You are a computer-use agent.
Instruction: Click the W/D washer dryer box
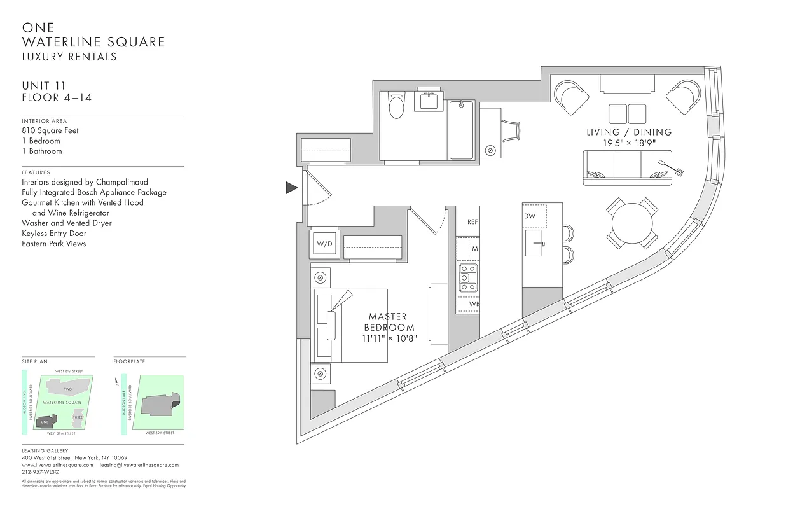[x=325, y=244]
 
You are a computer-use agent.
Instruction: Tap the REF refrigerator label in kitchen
[x=472, y=222]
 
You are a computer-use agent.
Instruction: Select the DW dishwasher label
[x=530, y=216]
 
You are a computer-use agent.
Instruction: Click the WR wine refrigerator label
[x=474, y=304]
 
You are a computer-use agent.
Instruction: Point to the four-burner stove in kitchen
[x=469, y=278]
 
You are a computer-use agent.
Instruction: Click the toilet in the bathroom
[x=396, y=106]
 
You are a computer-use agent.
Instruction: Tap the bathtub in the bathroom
[x=461, y=130]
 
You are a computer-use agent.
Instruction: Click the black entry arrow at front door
[x=291, y=187]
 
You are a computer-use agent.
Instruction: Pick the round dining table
[x=632, y=223]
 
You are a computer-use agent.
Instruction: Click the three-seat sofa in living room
[x=627, y=169]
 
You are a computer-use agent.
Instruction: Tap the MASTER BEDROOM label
[x=388, y=322]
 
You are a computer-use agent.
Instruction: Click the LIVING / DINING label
[x=628, y=132]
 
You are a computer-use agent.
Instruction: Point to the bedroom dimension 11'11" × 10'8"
[x=389, y=339]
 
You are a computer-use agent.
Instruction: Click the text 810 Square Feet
[x=50, y=130]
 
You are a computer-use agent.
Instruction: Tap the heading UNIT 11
[x=44, y=86]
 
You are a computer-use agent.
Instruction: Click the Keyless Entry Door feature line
[x=54, y=234]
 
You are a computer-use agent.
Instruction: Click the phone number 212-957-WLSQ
[x=40, y=472]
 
